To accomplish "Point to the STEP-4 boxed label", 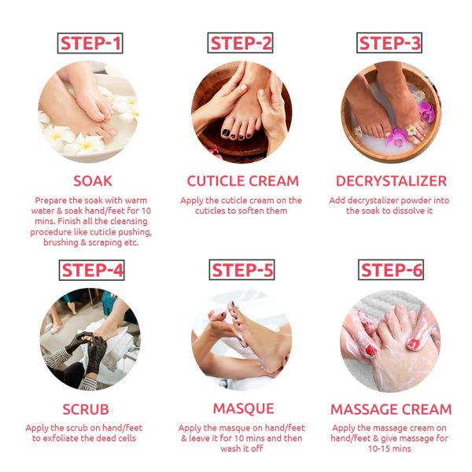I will coord(91,271).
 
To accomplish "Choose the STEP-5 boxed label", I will coord(242,271).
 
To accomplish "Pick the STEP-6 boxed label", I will coord(390,271).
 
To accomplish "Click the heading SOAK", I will coord(91,181).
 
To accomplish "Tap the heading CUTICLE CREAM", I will coord(242,181).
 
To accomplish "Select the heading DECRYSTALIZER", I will coord(391,181).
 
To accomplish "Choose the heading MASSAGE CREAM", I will coord(391,410).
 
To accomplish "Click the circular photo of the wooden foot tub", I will coord(390,112).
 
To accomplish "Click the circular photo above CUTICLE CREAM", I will coord(242,112).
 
